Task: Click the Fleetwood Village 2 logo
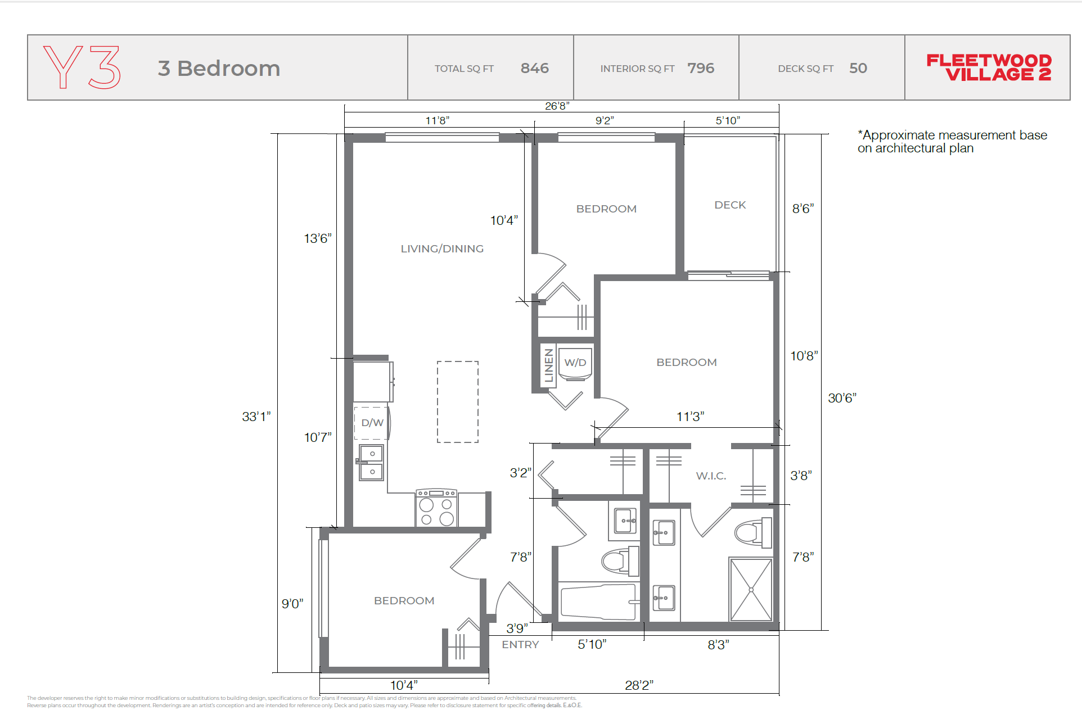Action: click(989, 68)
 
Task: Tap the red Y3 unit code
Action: click(82, 67)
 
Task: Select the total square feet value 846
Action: click(534, 68)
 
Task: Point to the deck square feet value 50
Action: click(858, 68)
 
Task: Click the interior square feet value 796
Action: click(701, 68)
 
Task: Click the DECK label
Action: click(730, 205)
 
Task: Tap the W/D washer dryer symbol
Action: click(575, 363)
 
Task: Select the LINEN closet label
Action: click(549, 365)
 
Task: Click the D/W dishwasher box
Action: click(372, 423)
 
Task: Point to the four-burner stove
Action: click(436, 509)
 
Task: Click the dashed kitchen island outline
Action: click(458, 402)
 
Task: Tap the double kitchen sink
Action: click(371, 463)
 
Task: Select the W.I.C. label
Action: click(711, 476)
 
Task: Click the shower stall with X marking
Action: click(751, 589)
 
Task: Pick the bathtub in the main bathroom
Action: click(598, 602)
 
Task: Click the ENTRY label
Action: click(520, 645)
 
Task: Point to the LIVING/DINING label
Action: click(442, 248)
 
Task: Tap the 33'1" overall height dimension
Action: click(256, 417)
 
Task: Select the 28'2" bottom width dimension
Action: click(639, 685)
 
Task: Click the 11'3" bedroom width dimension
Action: click(690, 417)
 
